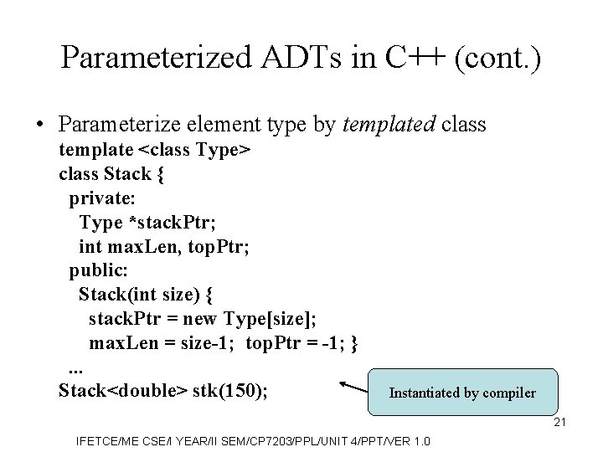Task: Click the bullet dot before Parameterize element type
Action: tap(39, 126)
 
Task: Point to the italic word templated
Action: tap(387, 125)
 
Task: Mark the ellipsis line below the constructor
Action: tap(75, 368)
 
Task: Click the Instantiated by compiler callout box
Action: tap(462, 392)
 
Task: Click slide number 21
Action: tap(560, 422)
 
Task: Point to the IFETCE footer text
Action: tap(251, 439)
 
